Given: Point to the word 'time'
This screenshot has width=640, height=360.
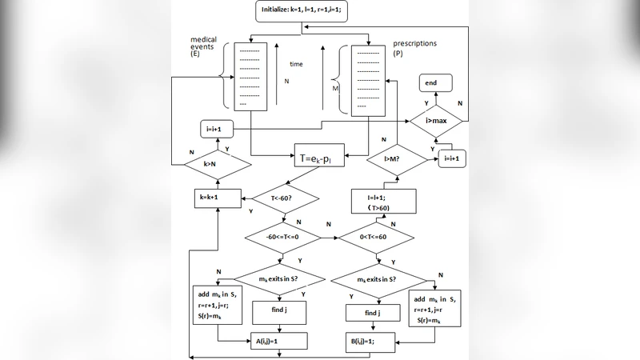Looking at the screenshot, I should coord(296,63).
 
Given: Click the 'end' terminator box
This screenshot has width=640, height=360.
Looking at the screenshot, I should coord(430,82).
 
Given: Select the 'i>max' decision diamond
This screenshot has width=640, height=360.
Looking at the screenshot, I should coord(435,121).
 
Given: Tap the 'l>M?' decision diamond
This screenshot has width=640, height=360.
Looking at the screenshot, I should coord(394,159).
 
